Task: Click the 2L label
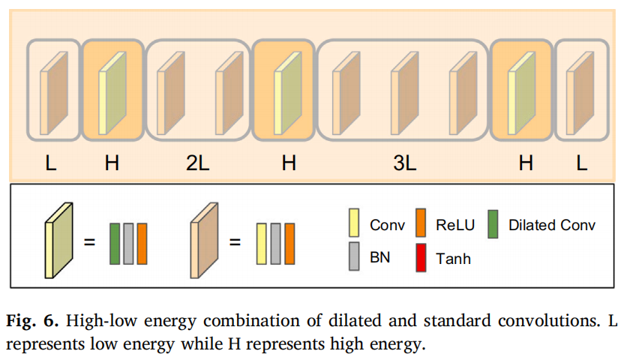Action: click(x=197, y=163)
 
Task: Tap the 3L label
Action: click(x=404, y=163)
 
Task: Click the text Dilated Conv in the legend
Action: click(x=551, y=225)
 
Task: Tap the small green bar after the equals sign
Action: click(x=115, y=243)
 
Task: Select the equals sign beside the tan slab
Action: click(x=235, y=243)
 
